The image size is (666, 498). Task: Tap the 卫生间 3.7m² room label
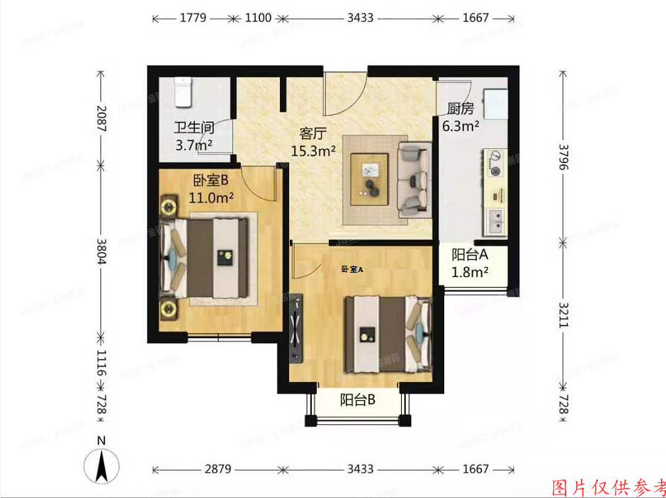[x=194, y=137]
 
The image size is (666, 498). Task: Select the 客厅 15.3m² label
[x=312, y=142]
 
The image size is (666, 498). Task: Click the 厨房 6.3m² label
[x=460, y=118]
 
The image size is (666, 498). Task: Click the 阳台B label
[x=357, y=400]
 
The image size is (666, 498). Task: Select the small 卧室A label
[x=351, y=269]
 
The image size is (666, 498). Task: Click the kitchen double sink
[x=495, y=222]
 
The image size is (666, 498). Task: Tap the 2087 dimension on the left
[x=101, y=119]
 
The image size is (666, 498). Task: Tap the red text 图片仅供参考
[x=608, y=487]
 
